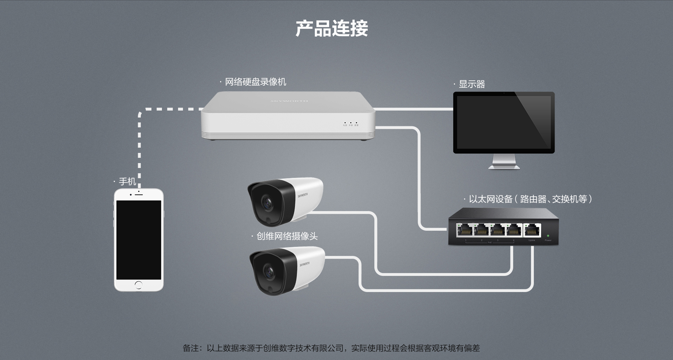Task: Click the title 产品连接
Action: tap(331, 28)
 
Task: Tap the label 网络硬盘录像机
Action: tap(255, 82)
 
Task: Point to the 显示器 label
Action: tap(472, 84)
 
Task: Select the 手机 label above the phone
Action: tap(127, 181)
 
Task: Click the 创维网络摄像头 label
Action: tap(287, 236)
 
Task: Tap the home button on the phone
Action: tap(139, 285)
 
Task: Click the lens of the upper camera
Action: tap(267, 203)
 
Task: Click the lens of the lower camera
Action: tap(269, 272)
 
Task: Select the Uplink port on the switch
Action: tap(532, 231)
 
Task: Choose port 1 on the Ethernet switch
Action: tap(465, 231)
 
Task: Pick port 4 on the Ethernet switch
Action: tap(514, 231)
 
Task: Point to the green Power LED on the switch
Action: tap(548, 236)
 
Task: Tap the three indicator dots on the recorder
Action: tap(351, 123)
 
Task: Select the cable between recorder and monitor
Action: tap(413, 109)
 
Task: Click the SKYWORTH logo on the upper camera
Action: tap(302, 195)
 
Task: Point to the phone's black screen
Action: tap(139, 240)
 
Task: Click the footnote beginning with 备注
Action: tap(331, 348)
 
